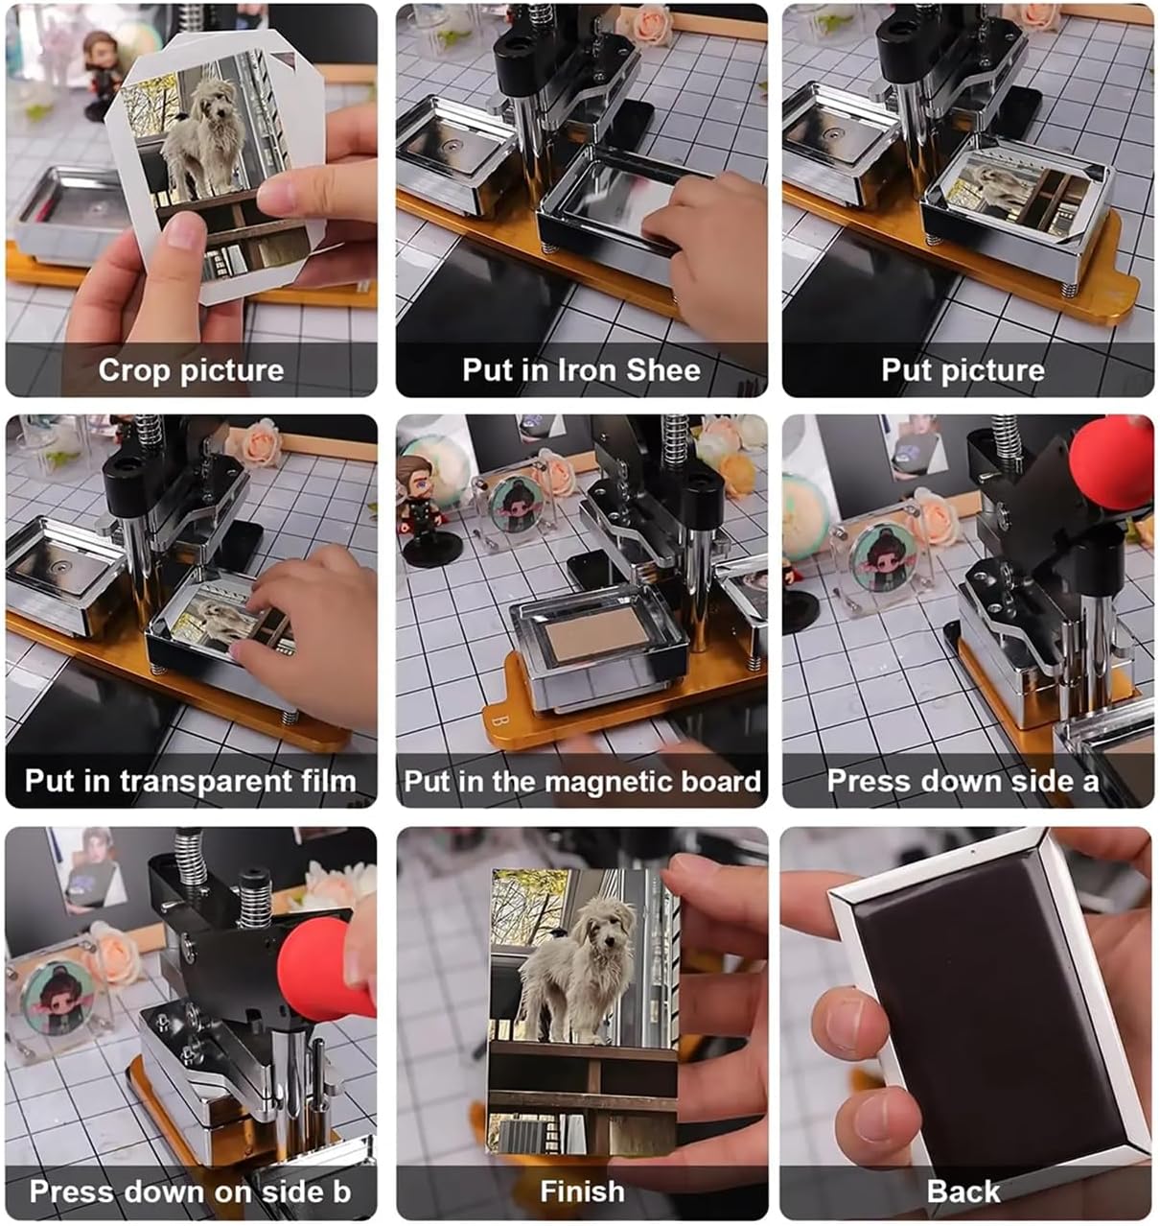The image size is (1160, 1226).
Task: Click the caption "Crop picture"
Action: pyautogui.click(x=191, y=370)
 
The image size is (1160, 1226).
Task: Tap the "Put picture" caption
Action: pyautogui.click(x=963, y=370)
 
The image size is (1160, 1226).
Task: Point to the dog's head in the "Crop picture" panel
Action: pyautogui.click(x=217, y=100)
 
